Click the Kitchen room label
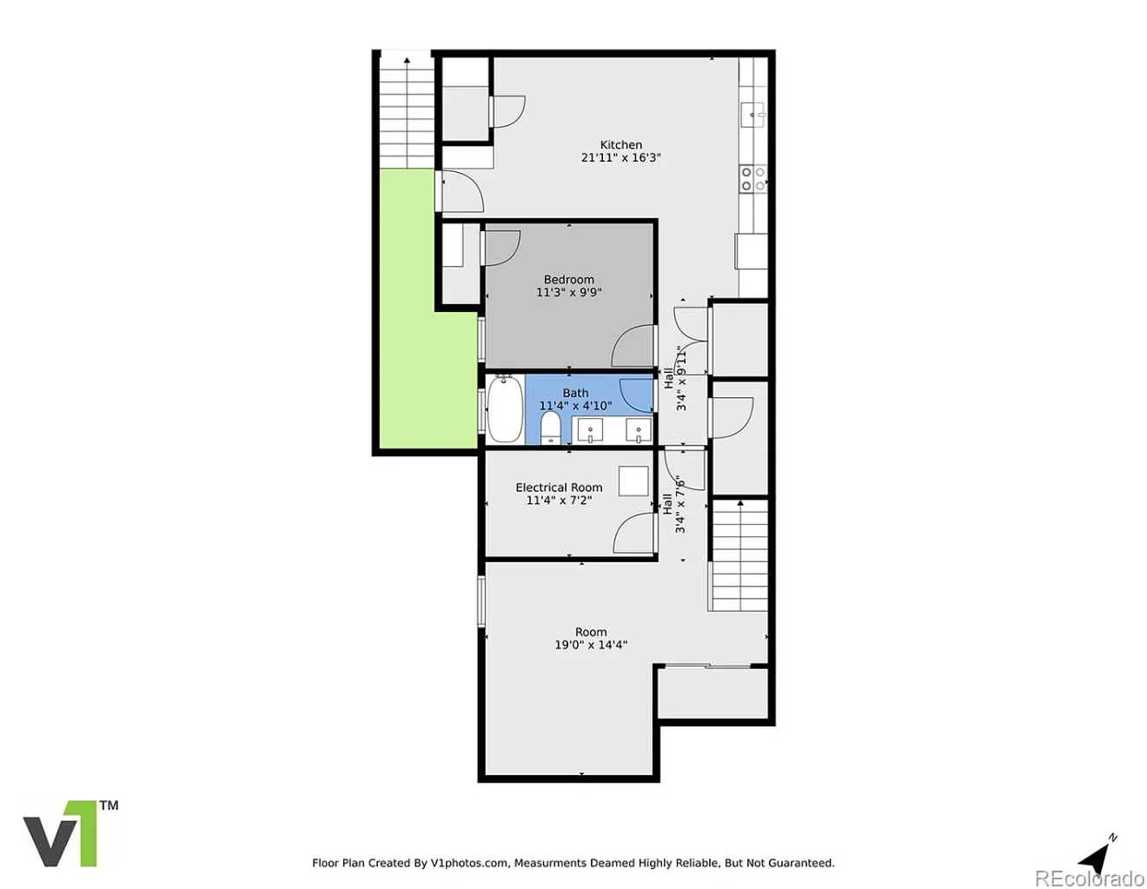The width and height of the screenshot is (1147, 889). pyautogui.click(x=620, y=144)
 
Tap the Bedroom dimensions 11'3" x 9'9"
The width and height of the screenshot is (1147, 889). pyautogui.click(x=569, y=292)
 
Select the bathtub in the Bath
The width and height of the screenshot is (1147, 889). pyautogui.click(x=505, y=408)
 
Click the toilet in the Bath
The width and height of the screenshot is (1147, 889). pyautogui.click(x=551, y=428)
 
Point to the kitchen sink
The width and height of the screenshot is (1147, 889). pyautogui.click(x=753, y=115)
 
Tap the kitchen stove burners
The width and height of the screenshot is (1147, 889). pyautogui.click(x=753, y=178)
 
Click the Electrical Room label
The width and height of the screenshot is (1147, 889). pyautogui.click(x=559, y=488)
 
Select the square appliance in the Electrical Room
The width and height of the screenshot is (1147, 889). pyautogui.click(x=633, y=481)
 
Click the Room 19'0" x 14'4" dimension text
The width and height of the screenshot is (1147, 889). pyautogui.click(x=591, y=645)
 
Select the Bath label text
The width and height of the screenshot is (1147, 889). pyautogui.click(x=575, y=393)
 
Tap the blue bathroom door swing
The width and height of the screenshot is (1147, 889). pyautogui.click(x=637, y=395)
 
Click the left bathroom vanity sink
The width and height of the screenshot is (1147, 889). pyautogui.click(x=590, y=429)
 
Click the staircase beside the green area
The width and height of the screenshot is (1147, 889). pyautogui.click(x=407, y=112)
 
